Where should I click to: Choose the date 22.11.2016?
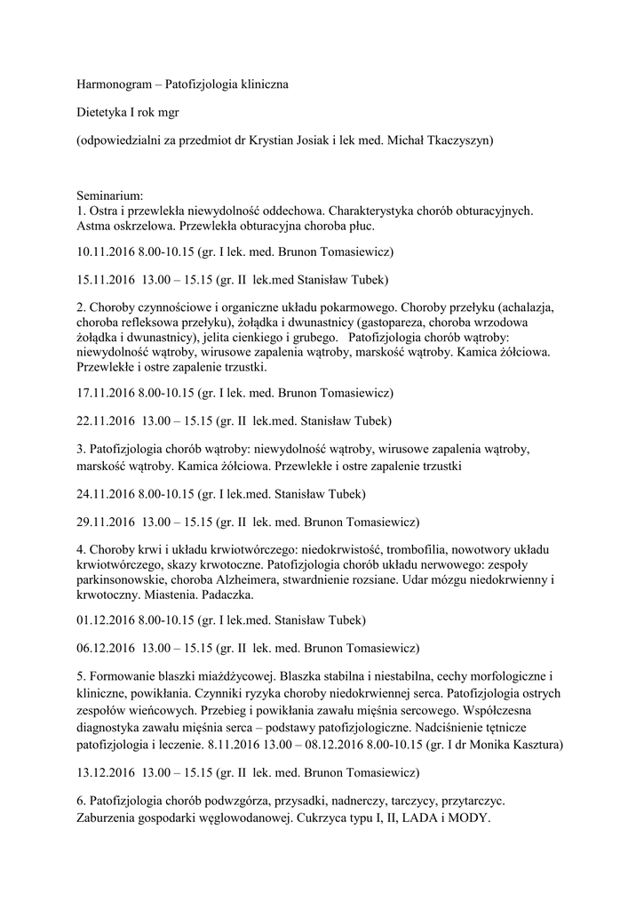(106, 420)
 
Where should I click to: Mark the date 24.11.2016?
(106, 493)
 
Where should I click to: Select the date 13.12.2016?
(106, 772)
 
